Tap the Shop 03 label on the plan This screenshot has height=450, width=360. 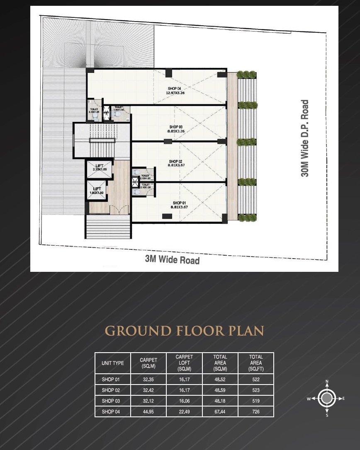coord(176,129)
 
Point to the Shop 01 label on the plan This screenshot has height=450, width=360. coord(180,205)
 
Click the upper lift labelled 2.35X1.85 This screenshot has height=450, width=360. coord(100,167)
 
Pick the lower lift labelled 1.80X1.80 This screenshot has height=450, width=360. coord(97,191)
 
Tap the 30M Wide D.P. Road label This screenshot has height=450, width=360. coord(305,138)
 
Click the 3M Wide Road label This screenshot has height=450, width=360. coord(172,259)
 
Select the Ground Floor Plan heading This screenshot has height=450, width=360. coord(185,331)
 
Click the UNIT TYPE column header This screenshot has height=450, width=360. coord(113,363)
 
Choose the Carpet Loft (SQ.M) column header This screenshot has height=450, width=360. coord(184,363)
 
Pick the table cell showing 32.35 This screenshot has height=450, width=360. coord(148,379)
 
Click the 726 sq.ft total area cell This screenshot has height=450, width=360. coord(256,411)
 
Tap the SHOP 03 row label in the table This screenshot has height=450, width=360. coord(111,401)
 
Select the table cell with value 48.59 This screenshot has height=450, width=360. coord(220,390)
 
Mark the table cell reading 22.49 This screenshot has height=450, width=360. coord(184,411)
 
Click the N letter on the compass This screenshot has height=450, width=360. coord(327,381)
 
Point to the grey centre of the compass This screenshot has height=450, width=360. coord(327,399)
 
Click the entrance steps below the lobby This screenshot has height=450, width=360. coord(108,228)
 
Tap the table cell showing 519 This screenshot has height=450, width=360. coord(256,401)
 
